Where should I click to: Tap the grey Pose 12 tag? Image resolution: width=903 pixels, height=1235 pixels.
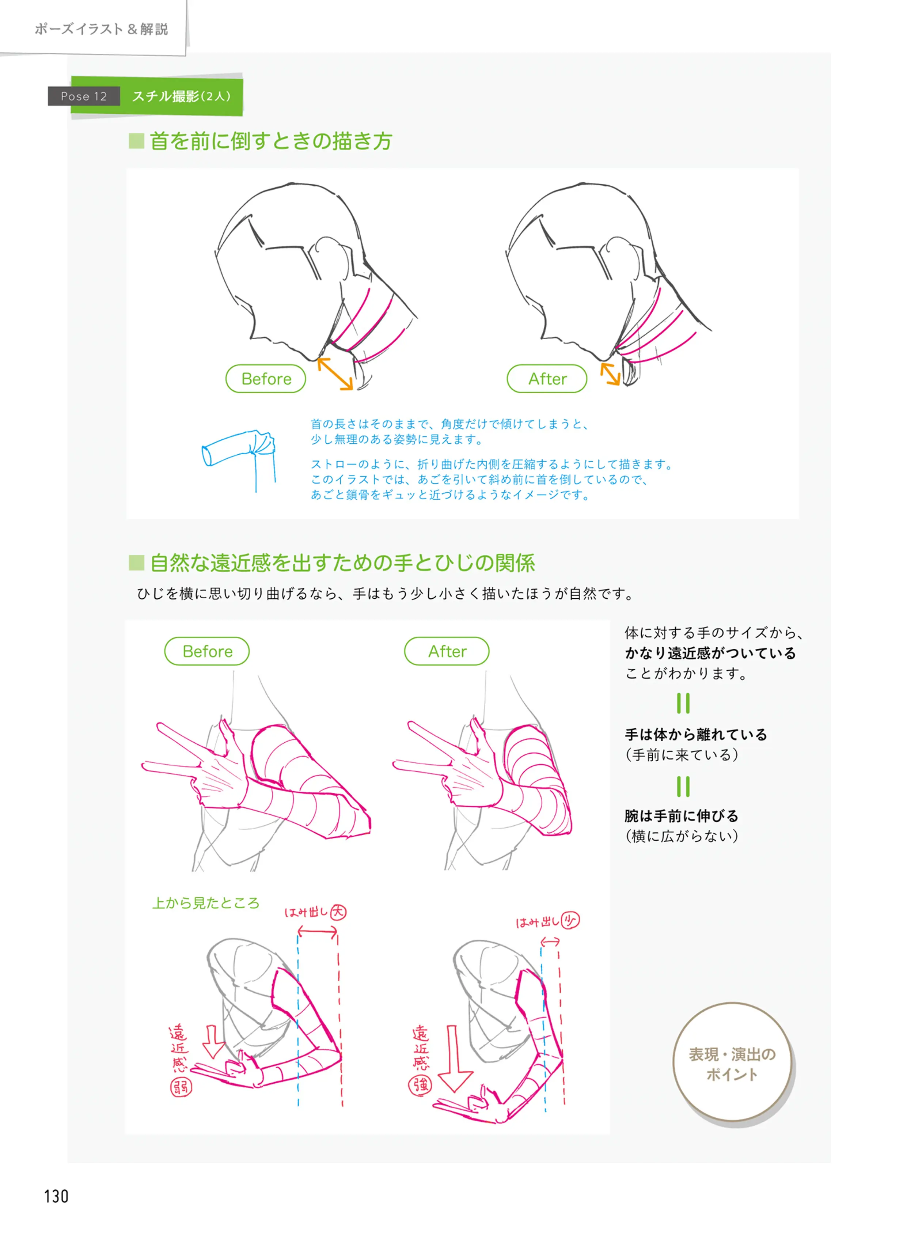(84, 96)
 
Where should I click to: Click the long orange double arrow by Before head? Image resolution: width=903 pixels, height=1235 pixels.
(335, 374)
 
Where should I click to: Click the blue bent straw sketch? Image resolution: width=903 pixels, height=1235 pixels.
(239, 457)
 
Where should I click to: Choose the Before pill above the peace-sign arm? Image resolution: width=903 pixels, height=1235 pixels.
(207, 651)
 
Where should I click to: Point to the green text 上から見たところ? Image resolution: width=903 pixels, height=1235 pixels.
(205, 903)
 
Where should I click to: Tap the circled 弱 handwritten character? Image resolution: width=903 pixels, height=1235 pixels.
(181, 1087)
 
